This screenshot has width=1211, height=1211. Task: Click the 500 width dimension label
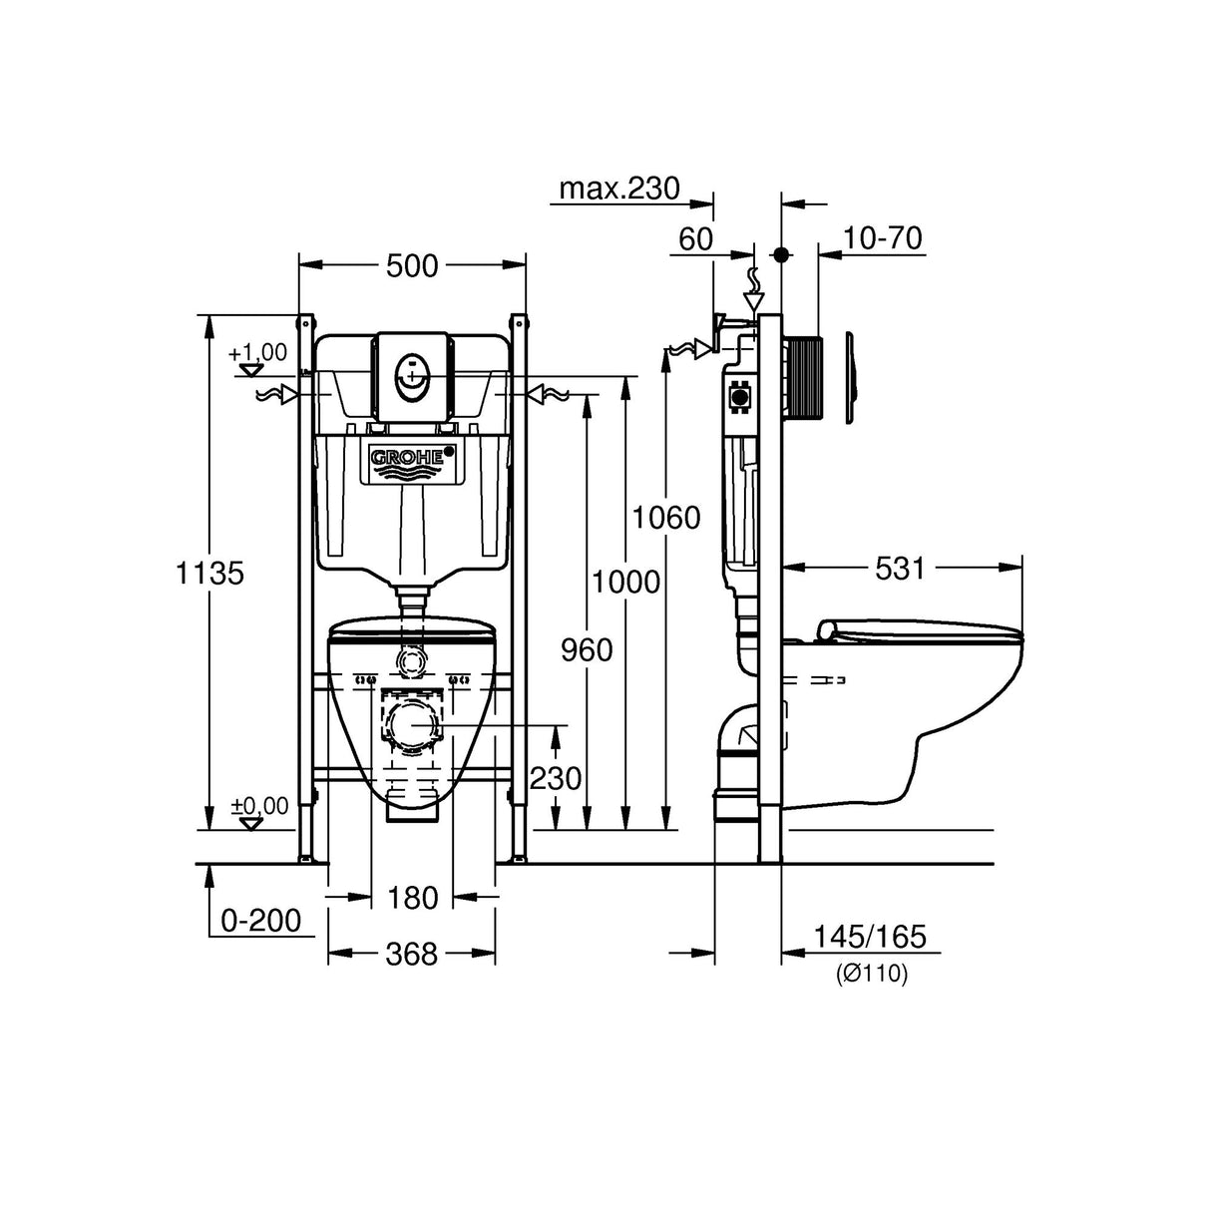click(412, 266)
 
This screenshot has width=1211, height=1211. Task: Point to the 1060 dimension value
click(665, 518)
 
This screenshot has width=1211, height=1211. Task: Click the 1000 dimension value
click(625, 582)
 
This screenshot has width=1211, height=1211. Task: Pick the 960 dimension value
click(587, 650)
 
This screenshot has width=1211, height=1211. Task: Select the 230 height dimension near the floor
click(556, 778)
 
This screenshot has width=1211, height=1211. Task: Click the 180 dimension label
click(412, 899)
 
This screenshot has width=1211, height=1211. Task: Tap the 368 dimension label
click(412, 955)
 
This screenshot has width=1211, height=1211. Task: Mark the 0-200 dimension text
click(260, 921)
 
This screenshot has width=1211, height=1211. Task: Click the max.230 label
click(618, 188)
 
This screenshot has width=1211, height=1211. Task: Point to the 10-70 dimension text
click(881, 238)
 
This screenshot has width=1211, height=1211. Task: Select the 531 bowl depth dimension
click(901, 569)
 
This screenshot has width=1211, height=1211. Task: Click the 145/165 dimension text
click(870, 937)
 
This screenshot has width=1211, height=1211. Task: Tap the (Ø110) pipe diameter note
click(872, 976)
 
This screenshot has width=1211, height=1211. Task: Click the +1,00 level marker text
click(257, 352)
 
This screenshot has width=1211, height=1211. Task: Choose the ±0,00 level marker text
click(259, 805)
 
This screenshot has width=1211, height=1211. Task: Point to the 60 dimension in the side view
click(696, 238)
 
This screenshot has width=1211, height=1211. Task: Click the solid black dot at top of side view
click(782, 255)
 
